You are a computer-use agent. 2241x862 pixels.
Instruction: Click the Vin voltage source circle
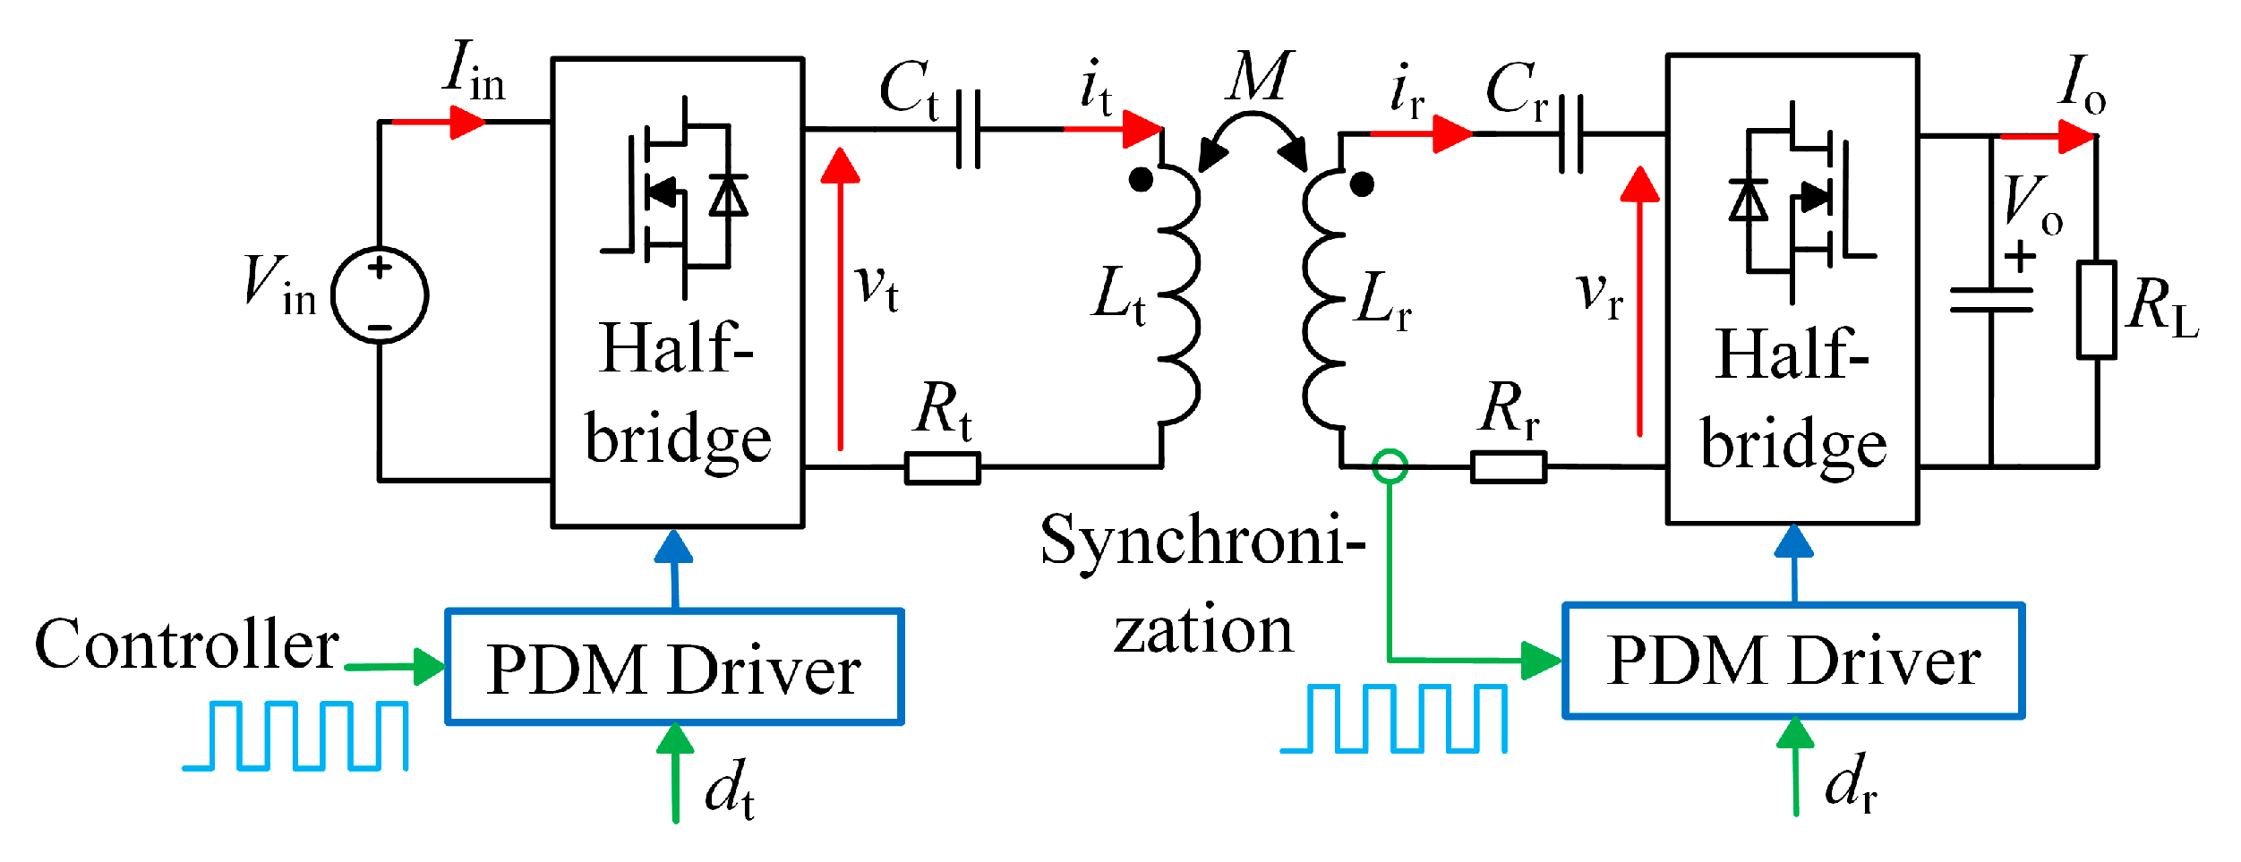(380, 294)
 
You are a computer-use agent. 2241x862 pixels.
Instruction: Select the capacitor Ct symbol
(969, 130)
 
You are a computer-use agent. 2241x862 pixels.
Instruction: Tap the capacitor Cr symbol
(1571, 134)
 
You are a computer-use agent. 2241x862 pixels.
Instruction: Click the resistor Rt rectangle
(943, 467)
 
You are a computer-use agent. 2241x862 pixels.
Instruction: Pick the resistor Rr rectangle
(1509, 467)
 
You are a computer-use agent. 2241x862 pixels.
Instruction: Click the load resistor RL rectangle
(2097, 310)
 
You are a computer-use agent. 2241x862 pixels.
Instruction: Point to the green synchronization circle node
(1390, 465)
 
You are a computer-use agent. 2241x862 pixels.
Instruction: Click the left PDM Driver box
(674, 667)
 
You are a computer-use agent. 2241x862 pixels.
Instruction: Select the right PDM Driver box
(1793, 661)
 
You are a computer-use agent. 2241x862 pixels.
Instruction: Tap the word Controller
(186, 644)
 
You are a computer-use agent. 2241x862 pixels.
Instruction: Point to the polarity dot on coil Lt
(1141, 180)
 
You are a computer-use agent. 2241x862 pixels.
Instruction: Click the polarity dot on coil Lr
(1362, 184)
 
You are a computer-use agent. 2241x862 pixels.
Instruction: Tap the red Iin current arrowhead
(466, 122)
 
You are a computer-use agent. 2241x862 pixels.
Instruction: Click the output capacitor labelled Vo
(1991, 301)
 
